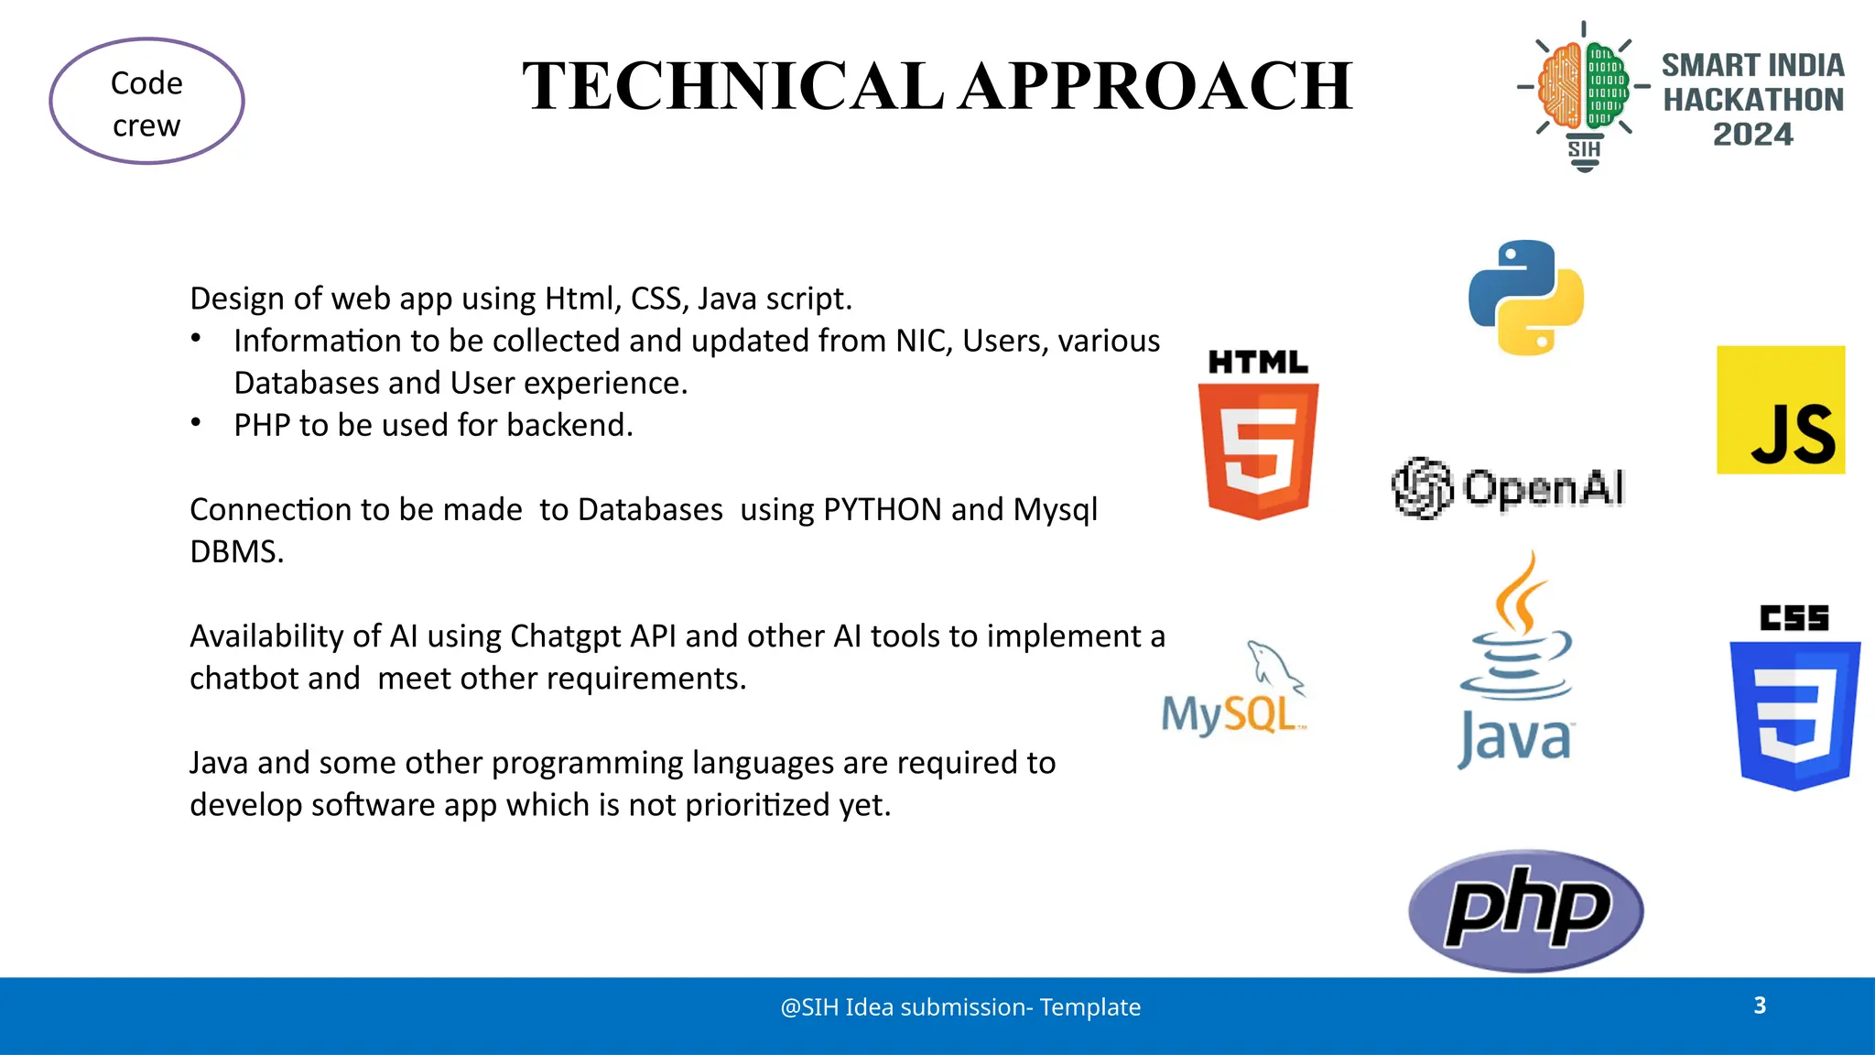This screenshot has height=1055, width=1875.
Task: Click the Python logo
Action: point(1526,298)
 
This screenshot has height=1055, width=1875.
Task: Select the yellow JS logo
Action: point(1781,410)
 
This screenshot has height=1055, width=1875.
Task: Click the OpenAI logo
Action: point(1509,487)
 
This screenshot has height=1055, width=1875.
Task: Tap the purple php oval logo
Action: point(1526,910)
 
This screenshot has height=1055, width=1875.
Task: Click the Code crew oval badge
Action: point(146,102)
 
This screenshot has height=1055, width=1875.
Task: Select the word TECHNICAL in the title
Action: point(732,86)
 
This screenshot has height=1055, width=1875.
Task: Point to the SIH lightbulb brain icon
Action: point(1584,92)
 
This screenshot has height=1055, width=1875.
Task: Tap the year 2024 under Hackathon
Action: point(1752,135)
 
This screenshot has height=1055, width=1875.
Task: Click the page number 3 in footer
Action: point(1760,1006)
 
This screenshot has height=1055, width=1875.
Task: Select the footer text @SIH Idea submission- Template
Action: point(960,1007)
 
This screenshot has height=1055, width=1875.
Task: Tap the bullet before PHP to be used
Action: point(196,423)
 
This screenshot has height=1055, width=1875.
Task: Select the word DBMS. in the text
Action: point(237,551)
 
